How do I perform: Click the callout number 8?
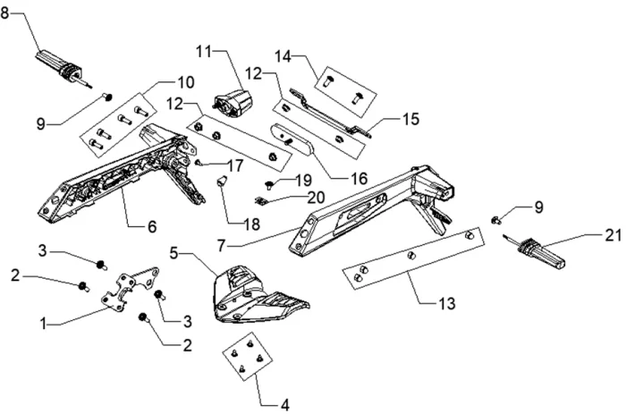click(4, 13)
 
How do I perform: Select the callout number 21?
click(613, 235)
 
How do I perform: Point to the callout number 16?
click(359, 179)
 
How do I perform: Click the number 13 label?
click(447, 304)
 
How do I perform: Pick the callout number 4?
click(284, 405)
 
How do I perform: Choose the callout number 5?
click(173, 253)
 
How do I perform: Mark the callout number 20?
click(316, 198)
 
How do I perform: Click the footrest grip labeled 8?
click(63, 67)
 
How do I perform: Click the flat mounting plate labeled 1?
click(131, 289)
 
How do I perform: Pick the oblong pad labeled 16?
click(292, 142)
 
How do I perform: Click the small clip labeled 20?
click(260, 201)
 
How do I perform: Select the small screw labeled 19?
click(268, 185)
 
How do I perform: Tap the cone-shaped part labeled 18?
click(222, 181)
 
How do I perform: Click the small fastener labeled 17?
click(198, 163)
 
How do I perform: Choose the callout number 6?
click(152, 227)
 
